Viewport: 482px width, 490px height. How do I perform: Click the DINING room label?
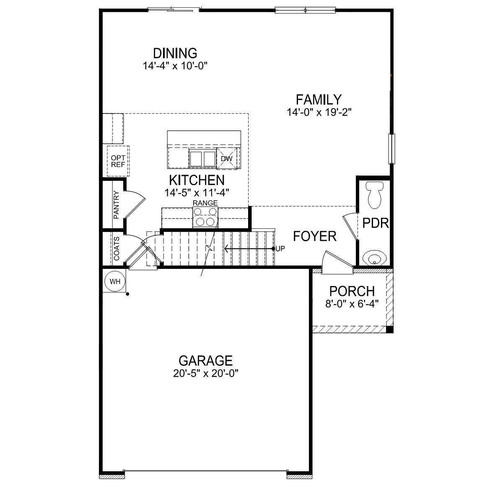click(175, 54)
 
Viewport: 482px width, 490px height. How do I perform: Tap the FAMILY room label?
click(319, 100)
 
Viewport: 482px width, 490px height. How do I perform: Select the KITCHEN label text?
click(197, 180)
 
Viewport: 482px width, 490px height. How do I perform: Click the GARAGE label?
click(205, 361)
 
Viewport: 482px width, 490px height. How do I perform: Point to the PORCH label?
click(352, 291)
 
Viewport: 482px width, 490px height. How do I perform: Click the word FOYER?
click(315, 236)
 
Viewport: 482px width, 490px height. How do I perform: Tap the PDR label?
click(376, 223)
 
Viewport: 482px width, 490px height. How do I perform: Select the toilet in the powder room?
click(374, 194)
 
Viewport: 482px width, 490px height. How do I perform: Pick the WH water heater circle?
click(115, 281)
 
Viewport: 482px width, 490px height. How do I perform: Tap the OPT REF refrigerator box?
click(118, 161)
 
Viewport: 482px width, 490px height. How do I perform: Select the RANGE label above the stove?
click(205, 203)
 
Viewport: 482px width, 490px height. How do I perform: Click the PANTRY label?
click(117, 205)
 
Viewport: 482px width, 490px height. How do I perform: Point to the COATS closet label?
click(117, 248)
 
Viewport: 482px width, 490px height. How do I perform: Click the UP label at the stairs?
click(280, 248)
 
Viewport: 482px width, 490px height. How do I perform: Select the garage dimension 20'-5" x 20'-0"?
click(205, 374)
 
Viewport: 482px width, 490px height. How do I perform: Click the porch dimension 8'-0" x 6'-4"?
click(352, 303)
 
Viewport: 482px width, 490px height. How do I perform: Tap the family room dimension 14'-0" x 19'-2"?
click(319, 112)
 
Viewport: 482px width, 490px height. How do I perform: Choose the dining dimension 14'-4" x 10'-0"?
click(175, 66)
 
